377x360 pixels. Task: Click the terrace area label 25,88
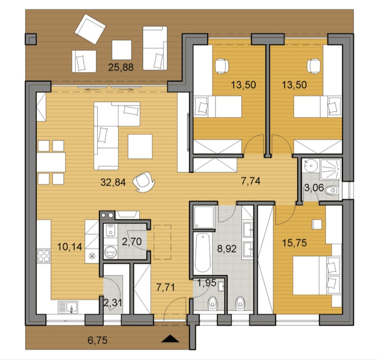click(x=121, y=67)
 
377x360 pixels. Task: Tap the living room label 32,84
click(x=113, y=182)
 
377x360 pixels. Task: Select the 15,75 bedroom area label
click(x=294, y=243)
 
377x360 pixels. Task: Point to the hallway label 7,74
click(x=251, y=181)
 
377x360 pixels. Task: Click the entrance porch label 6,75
click(x=98, y=340)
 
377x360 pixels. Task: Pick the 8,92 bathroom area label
click(x=227, y=248)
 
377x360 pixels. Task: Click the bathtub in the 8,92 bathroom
click(x=203, y=252)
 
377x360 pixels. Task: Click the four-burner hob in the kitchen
click(x=44, y=256)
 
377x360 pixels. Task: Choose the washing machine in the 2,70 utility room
click(x=110, y=252)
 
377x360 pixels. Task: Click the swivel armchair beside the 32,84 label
click(x=144, y=182)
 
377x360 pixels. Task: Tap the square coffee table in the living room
click(x=140, y=146)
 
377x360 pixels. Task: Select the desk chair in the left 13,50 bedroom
click(x=222, y=66)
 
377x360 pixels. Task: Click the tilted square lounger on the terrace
click(x=90, y=29)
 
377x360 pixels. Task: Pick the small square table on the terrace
click(x=122, y=50)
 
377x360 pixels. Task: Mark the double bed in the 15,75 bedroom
click(x=317, y=275)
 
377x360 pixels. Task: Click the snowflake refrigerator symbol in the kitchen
click(x=92, y=256)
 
